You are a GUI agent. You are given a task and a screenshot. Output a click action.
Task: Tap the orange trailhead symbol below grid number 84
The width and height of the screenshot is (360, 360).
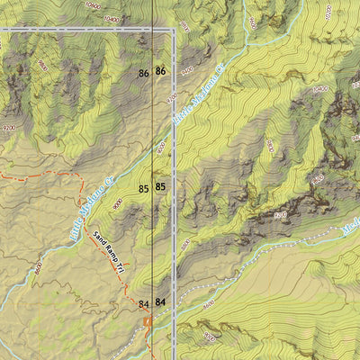coord(145,319)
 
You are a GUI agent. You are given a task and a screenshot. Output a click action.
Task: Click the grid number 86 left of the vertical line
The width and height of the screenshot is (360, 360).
coord(143,72)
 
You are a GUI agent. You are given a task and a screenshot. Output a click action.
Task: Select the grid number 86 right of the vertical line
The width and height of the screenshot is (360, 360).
coord(160,71)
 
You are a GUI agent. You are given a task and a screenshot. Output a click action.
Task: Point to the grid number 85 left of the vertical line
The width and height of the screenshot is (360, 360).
coord(143,189)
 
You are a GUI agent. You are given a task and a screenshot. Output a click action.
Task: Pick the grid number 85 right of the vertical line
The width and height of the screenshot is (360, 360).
coord(160,187)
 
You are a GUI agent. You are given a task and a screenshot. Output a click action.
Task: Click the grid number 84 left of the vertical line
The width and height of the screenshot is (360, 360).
coord(143,304)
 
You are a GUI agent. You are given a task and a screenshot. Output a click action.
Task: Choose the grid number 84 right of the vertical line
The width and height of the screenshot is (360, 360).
coord(160,302)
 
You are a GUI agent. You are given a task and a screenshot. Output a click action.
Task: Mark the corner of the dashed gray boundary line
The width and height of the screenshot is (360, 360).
coord(173,30)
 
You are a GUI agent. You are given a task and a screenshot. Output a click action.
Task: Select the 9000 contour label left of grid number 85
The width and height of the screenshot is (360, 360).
coord(118,203)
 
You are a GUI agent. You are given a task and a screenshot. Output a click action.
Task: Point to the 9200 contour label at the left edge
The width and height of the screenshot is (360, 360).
coord(9,129)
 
